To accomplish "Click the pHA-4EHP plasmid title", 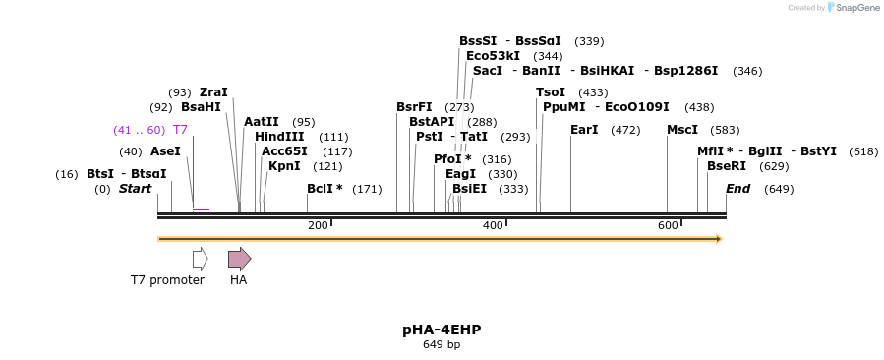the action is click(x=442, y=330).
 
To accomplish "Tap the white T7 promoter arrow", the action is click(x=200, y=259).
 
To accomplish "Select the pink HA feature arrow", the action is click(x=239, y=259).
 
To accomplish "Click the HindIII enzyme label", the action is click(x=279, y=137).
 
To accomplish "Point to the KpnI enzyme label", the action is click(x=284, y=166).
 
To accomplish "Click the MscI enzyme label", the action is click(x=682, y=130).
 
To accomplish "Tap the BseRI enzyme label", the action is click(x=727, y=166).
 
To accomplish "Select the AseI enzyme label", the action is click(x=165, y=151).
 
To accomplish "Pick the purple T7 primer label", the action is click(x=180, y=130).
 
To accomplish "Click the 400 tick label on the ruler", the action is click(x=493, y=226).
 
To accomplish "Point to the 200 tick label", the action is click(x=318, y=226).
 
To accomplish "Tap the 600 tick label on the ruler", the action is click(x=668, y=226).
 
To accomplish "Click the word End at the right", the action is click(x=737, y=189).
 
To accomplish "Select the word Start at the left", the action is click(x=136, y=189).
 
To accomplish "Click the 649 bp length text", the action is click(x=442, y=345).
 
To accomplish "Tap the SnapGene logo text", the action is click(x=858, y=8).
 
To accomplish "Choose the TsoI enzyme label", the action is click(x=551, y=92).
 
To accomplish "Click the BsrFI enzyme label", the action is click(x=414, y=107).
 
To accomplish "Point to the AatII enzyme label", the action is click(x=262, y=122).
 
